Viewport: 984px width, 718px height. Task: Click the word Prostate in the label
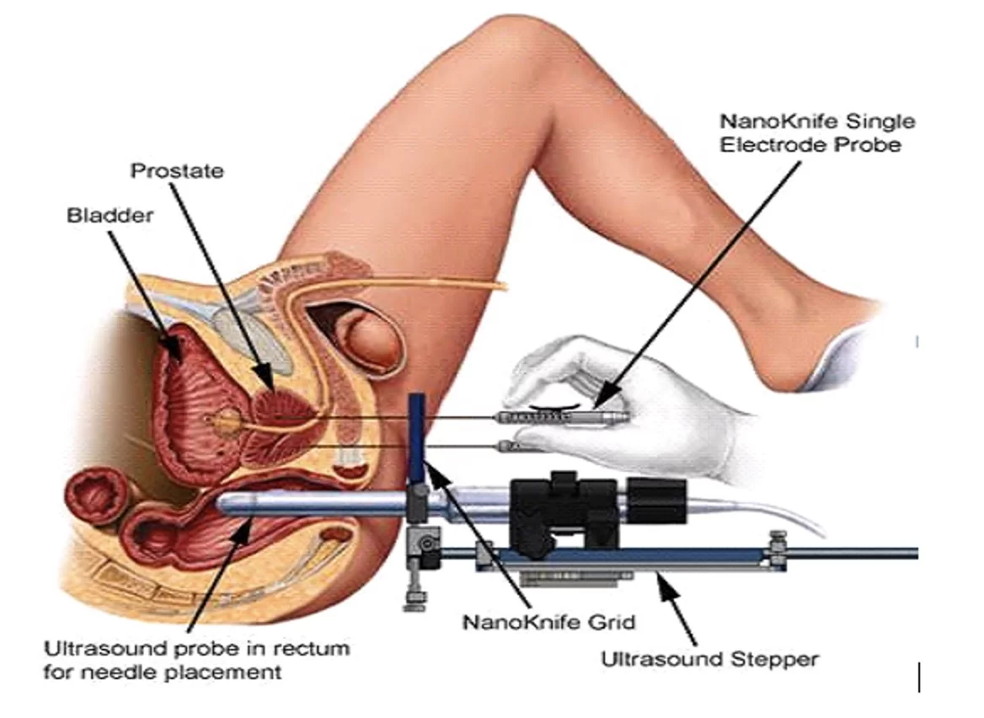[x=177, y=171]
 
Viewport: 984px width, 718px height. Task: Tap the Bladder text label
[x=110, y=216]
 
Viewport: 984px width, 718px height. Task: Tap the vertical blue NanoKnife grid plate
[x=416, y=438]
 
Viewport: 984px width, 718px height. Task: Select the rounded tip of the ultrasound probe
[x=224, y=505]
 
